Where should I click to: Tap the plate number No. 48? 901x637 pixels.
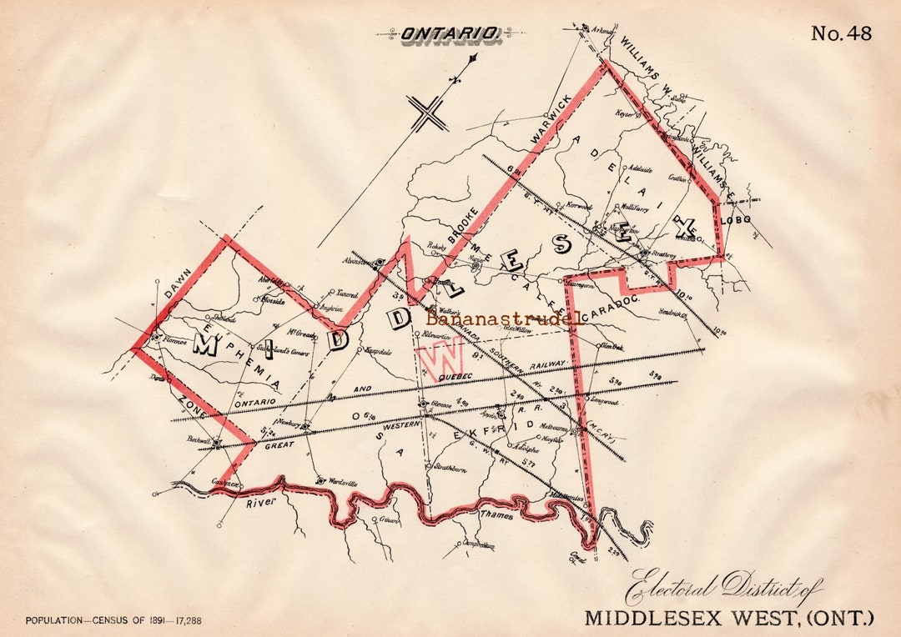coord(841,33)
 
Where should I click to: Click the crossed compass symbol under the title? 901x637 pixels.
coord(429,113)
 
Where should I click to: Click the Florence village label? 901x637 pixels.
coord(174,340)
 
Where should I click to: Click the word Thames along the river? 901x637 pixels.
coord(496,515)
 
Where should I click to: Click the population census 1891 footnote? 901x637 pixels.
coord(113,620)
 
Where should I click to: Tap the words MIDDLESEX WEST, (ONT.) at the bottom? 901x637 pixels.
coord(728,618)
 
